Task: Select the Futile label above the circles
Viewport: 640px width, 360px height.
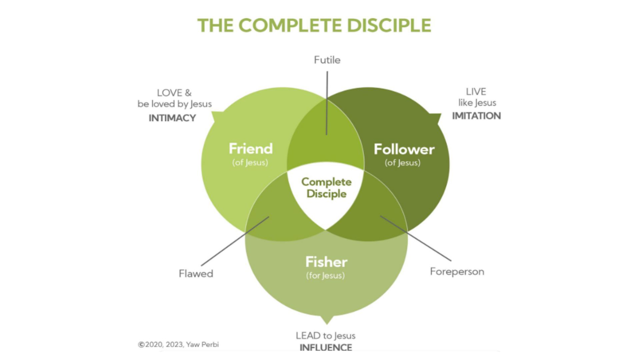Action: pos(327,60)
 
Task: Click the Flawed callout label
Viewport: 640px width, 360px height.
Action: pos(196,274)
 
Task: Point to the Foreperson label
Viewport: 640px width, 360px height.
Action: pos(457,272)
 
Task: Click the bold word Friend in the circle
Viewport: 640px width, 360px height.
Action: pos(251,149)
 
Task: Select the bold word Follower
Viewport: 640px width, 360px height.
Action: pos(404,149)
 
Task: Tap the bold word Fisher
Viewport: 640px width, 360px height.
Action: pos(326,262)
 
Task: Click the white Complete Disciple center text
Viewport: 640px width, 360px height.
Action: pos(326,188)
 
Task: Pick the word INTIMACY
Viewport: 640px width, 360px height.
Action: pos(172,118)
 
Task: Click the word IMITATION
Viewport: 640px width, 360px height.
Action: pos(476,116)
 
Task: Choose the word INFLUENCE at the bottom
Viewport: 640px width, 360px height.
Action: pos(326,348)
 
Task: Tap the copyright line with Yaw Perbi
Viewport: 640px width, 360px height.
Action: pos(178,345)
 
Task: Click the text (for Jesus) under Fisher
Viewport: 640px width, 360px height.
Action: pos(325,276)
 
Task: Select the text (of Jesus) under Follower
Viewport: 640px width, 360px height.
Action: pos(402,163)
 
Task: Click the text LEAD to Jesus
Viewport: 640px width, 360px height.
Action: pos(325,336)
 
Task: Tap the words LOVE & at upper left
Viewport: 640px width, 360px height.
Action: pos(174,93)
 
